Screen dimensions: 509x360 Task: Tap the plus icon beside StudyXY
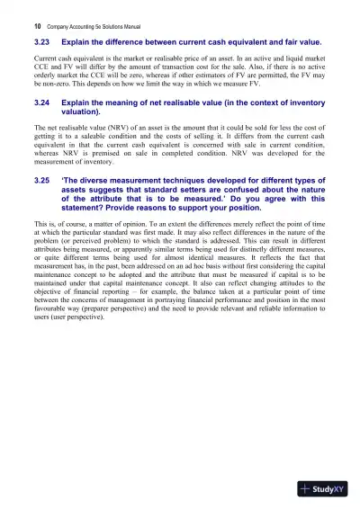tap(308, 489)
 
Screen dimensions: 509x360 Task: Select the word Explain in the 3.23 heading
tap(76, 42)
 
